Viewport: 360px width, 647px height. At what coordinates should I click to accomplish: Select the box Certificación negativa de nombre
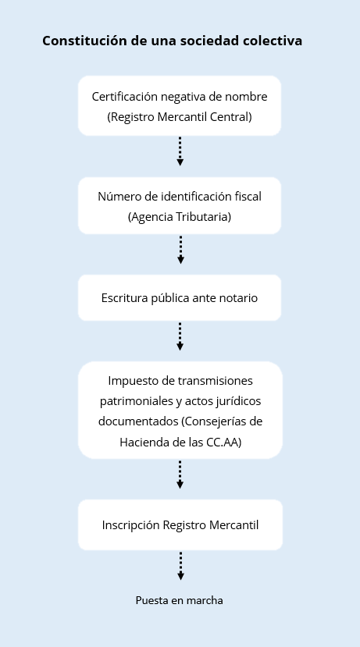pos(180,105)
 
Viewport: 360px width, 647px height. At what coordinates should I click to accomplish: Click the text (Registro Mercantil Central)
pos(180,117)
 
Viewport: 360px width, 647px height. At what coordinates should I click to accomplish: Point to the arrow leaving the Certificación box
pos(180,151)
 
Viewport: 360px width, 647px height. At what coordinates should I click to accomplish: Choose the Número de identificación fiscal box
pos(180,206)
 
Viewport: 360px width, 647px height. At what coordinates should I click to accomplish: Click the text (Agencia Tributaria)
pos(180,217)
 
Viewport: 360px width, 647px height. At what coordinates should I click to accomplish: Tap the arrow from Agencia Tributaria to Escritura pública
pos(180,250)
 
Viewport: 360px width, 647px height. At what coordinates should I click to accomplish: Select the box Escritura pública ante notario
pos(180,298)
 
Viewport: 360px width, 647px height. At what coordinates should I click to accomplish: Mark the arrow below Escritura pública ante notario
pos(180,336)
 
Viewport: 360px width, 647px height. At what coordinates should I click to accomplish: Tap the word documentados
pos(138,421)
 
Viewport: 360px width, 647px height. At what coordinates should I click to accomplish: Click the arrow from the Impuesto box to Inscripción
pos(180,475)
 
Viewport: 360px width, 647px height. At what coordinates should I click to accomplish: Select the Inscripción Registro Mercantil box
pos(180,525)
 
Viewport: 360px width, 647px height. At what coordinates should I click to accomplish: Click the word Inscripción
pos(130,525)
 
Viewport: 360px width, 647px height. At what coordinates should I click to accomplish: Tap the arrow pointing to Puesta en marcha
pos(180,566)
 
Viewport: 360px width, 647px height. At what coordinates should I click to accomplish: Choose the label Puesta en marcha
pos(180,600)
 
